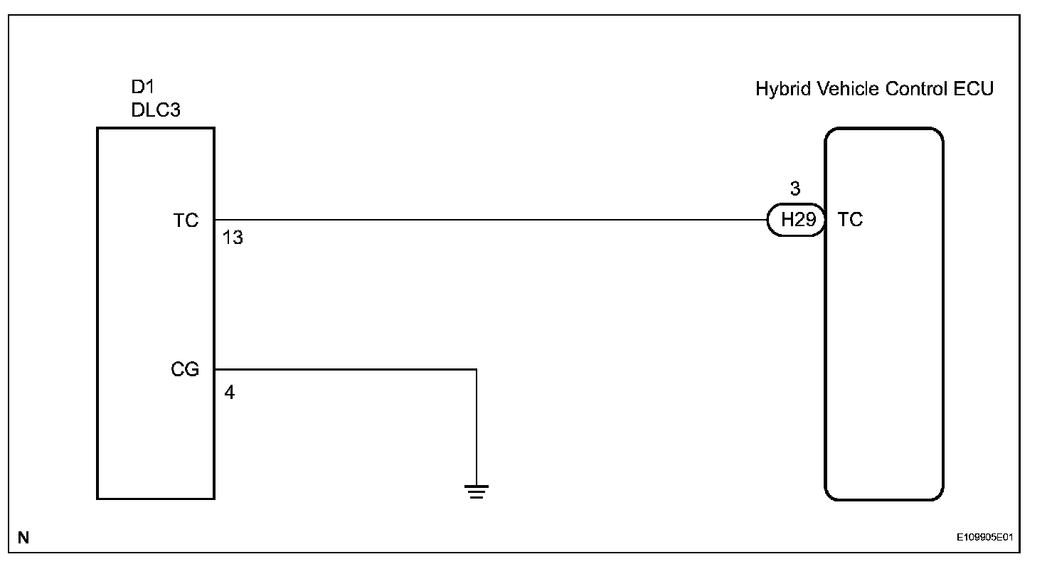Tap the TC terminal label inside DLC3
[186, 220]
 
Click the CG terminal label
[185, 370]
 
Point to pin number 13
[233, 238]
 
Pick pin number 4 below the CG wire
[229, 392]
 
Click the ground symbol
[476, 491]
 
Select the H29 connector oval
[795, 220]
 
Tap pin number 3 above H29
[795, 189]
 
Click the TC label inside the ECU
[850, 220]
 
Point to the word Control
[911, 90]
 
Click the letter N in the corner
[23, 538]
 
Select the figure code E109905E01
[987, 538]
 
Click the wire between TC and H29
[491, 220]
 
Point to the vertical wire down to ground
[476, 427]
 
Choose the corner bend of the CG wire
[476, 369]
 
